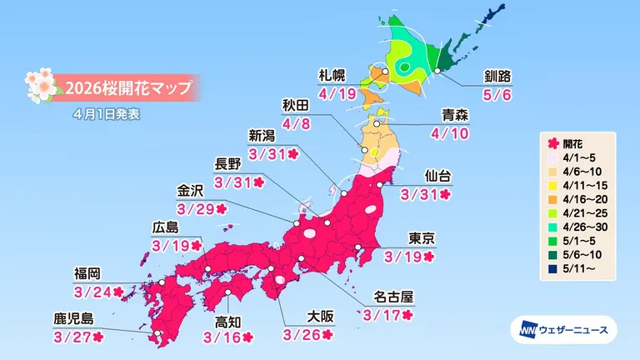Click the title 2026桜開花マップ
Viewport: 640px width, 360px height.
pyautogui.click(x=127, y=87)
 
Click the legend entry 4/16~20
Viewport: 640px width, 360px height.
pyautogui.click(x=582, y=200)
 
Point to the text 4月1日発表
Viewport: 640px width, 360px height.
pyautogui.click(x=106, y=113)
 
